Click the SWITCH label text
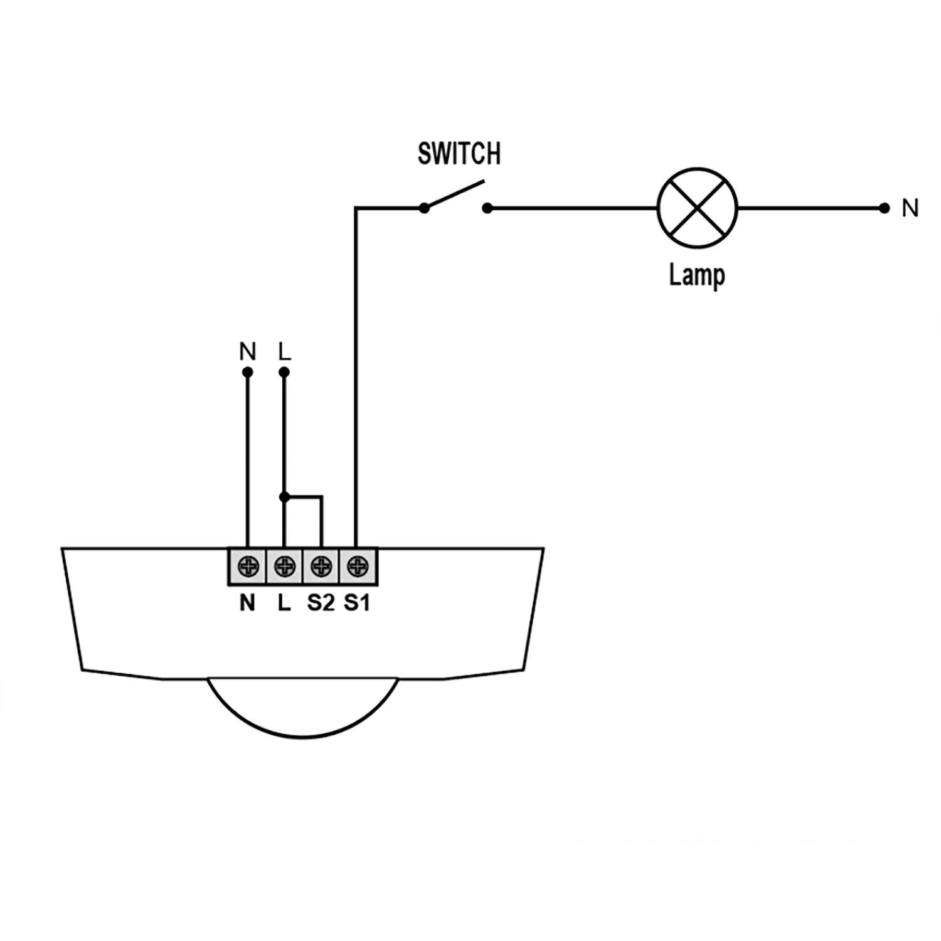point(459,154)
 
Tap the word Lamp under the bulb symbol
point(696,275)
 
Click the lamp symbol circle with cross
point(697,208)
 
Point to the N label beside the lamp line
point(910,208)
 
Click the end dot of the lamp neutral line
point(885,208)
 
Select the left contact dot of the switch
point(424,208)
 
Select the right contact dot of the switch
point(487,208)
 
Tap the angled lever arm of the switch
point(454,194)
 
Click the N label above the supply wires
point(248,352)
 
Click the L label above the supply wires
point(285,352)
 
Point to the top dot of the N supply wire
point(248,372)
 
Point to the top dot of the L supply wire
point(284,372)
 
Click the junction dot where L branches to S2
point(284,497)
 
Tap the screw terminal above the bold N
point(248,567)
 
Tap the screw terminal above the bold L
point(285,567)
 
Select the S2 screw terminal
point(321,567)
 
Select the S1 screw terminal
point(358,567)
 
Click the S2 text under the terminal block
point(321,603)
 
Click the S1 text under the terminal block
point(357,603)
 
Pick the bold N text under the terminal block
point(248,603)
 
